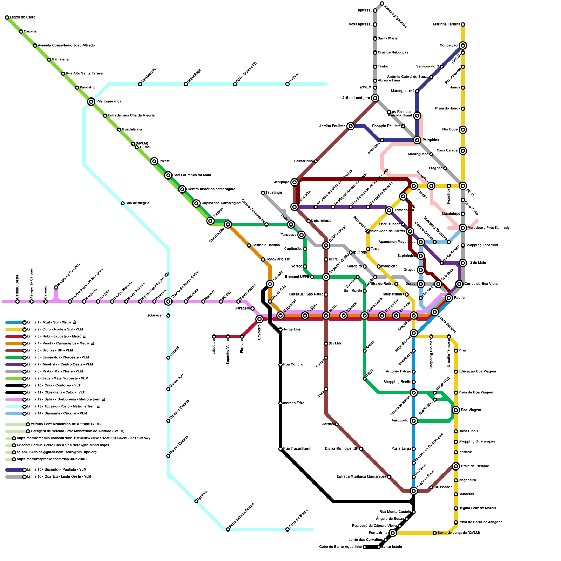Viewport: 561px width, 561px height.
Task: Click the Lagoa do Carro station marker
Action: pos(7,18)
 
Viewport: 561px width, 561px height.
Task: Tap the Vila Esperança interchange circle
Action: pos(91,102)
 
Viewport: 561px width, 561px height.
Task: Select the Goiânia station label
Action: pos(294,79)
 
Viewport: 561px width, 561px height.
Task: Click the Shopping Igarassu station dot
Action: pos(382,4)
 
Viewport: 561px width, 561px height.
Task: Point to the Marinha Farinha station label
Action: pos(446,25)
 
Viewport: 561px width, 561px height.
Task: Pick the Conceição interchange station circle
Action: pos(463,46)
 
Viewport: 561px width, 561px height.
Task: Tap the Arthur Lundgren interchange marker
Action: pos(375,98)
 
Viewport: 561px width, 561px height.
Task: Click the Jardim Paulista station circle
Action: pos(351,126)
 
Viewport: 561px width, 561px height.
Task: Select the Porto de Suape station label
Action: pos(299,518)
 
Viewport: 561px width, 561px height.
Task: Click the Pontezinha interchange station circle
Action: pos(393,533)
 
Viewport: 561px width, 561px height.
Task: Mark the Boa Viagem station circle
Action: pos(456,410)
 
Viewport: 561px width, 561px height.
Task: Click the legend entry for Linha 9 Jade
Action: pos(58,379)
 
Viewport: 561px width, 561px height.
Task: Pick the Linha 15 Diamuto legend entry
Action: pos(56,470)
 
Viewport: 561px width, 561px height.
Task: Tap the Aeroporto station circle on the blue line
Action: pos(414,421)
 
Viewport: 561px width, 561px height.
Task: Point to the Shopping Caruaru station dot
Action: pos(56,288)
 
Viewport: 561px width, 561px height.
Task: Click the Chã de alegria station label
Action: pos(137,203)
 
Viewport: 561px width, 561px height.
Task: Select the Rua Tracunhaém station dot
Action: pos(280,449)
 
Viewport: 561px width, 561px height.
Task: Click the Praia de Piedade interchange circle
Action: pos(456,466)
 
